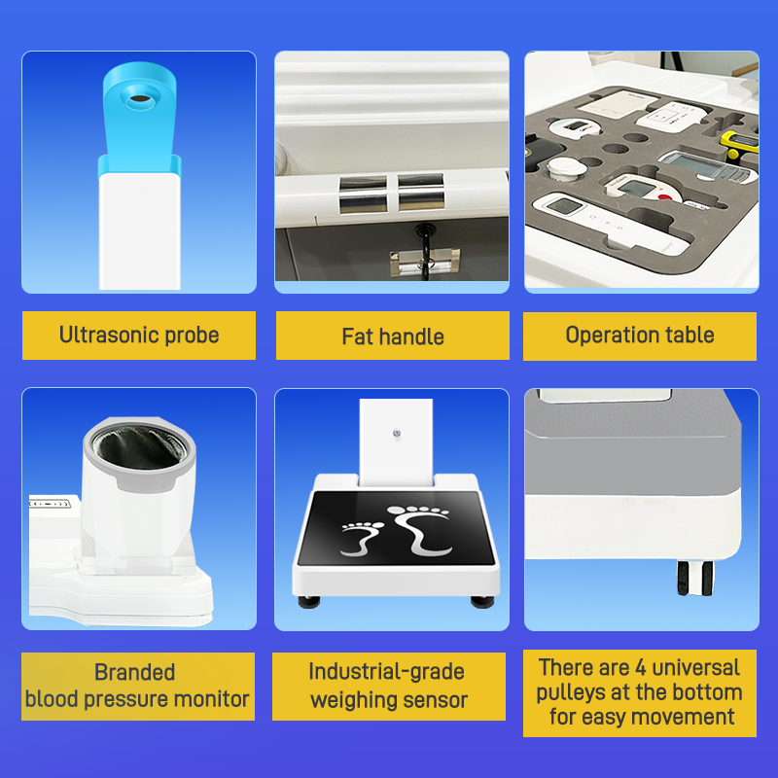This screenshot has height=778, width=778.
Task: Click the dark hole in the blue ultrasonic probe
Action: click(140, 99)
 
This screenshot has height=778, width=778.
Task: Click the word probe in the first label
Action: click(192, 336)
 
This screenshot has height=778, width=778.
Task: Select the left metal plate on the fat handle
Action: click(363, 194)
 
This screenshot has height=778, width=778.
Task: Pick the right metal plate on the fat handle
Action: click(421, 193)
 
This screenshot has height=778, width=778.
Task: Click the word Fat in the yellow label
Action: click(357, 336)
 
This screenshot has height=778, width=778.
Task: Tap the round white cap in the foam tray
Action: click(567, 168)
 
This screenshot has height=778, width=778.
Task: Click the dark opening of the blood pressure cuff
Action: click(140, 447)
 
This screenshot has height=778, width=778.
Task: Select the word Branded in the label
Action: click(135, 672)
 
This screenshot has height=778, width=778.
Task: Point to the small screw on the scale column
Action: click(397, 433)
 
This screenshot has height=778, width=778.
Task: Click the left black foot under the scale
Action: click(309, 602)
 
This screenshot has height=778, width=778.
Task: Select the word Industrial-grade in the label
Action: click(386, 672)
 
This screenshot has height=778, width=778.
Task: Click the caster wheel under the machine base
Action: click(695, 578)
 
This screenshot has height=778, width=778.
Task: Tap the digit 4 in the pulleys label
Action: click(641, 668)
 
